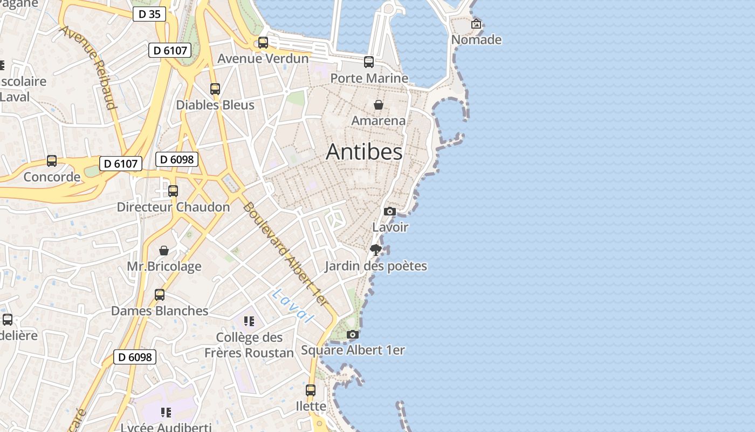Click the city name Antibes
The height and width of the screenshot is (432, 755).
tap(364, 152)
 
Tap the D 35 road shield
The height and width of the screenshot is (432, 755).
tap(149, 14)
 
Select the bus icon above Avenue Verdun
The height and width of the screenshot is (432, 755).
tap(263, 43)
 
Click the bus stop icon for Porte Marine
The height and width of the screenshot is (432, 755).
tap(369, 62)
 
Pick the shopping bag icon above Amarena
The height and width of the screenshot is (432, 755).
tap(379, 104)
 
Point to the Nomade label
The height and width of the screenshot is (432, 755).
tap(476, 40)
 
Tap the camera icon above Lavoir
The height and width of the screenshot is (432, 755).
tap(390, 211)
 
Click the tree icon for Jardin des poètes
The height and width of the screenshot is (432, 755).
tap(376, 249)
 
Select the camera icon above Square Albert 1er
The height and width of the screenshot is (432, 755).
tap(353, 334)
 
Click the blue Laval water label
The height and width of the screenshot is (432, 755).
tap(293, 306)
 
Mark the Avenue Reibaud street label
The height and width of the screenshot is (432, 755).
tap(88, 66)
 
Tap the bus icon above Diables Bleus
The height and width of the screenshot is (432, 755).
tap(215, 89)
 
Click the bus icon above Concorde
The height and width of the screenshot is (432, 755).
tap(52, 161)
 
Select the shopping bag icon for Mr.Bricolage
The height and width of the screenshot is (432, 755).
tap(164, 251)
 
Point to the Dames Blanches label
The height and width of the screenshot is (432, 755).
tap(160, 311)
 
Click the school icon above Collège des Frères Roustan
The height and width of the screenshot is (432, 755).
tap(249, 321)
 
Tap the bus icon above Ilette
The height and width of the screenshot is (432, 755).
tap(311, 390)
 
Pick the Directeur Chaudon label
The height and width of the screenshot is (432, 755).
tap(173, 207)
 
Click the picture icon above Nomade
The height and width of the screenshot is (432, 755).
tap(476, 24)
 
